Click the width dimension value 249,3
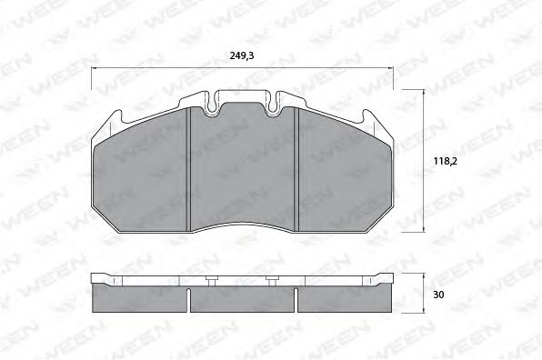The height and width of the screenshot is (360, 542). [241, 56]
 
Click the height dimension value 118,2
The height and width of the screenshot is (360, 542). [443, 163]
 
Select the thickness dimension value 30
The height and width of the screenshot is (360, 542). [438, 294]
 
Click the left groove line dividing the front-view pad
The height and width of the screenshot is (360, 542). [188, 168]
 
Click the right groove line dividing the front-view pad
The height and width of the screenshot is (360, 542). [298, 168]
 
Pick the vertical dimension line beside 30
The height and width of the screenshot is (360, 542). [424, 294]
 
